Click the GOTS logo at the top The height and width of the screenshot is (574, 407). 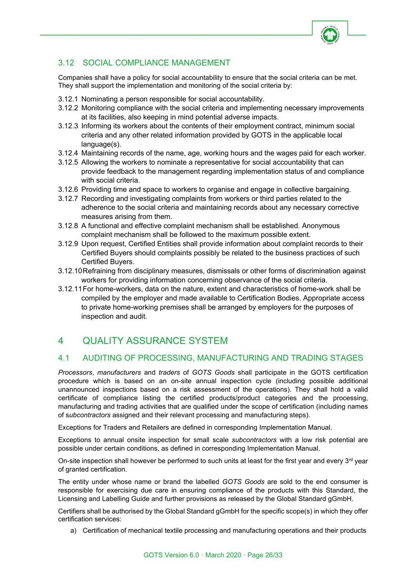pyautogui.click(x=330, y=35)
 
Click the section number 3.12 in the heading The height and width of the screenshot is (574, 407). pyautogui.click(x=66, y=63)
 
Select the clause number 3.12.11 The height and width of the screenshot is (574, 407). pyautogui.click(x=70, y=289)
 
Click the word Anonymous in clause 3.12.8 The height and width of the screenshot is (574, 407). pyautogui.click(x=321, y=226)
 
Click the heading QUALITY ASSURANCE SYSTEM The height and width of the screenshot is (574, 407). pyautogui.click(x=155, y=341)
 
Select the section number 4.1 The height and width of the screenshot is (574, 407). pyautogui.click(x=63, y=358)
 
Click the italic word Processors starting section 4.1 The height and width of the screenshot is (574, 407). pyautogui.click(x=75, y=373)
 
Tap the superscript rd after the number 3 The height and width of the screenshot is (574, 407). pyautogui.click(x=350, y=460)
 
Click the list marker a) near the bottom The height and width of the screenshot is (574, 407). pyautogui.click(x=73, y=531)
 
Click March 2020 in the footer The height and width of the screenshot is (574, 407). pyautogui.click(x=223, y=555)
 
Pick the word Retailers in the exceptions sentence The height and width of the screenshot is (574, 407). pyautogui.click(x=141, y=428)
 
